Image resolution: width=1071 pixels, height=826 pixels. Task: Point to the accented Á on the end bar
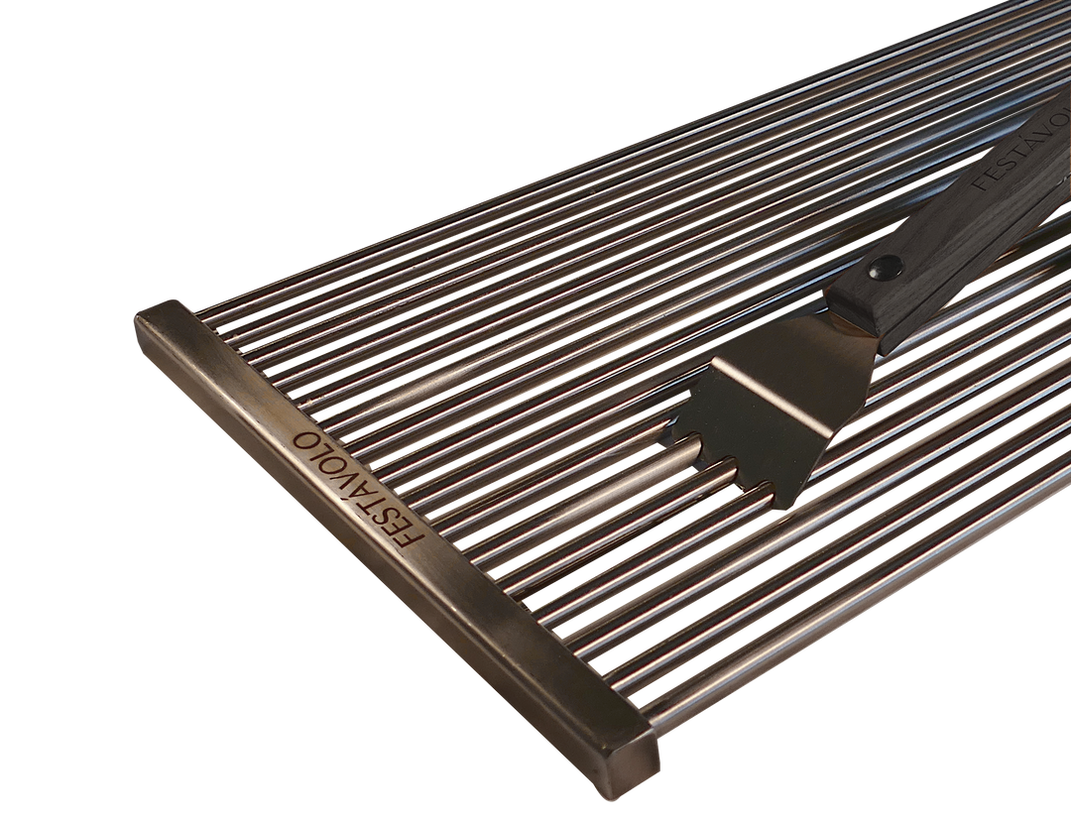[x=363, y=490]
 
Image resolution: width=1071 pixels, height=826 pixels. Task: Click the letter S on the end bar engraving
[x=389, y=518]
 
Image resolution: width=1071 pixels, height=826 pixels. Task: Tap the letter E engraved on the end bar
[x=401, y=529]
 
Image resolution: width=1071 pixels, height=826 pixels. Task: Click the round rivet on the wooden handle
[x=882, y=267]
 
